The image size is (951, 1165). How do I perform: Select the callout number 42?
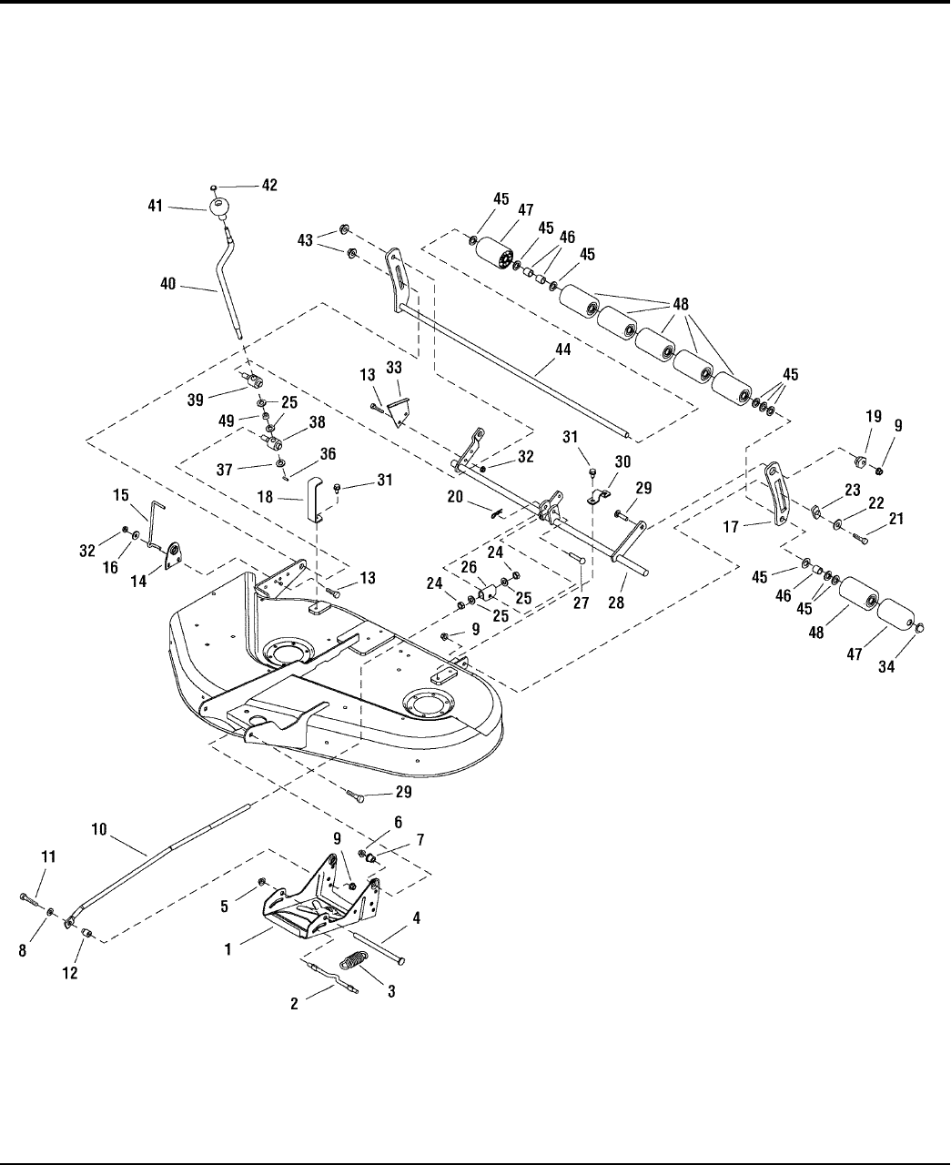269,185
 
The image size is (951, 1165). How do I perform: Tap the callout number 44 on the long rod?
562,349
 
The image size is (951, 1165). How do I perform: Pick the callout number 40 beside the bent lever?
167,284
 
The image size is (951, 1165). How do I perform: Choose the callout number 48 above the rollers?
681,304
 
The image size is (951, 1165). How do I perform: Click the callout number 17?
731,527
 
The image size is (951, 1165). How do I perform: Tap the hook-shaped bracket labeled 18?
315,498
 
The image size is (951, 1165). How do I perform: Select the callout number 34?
886,667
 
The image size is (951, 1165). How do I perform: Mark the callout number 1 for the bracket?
228,949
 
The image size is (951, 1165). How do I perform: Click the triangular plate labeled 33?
400,411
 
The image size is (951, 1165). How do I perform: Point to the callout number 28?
616,603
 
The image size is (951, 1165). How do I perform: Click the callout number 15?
121,494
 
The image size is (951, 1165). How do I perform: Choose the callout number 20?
455,497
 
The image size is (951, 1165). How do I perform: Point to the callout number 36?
328,453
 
